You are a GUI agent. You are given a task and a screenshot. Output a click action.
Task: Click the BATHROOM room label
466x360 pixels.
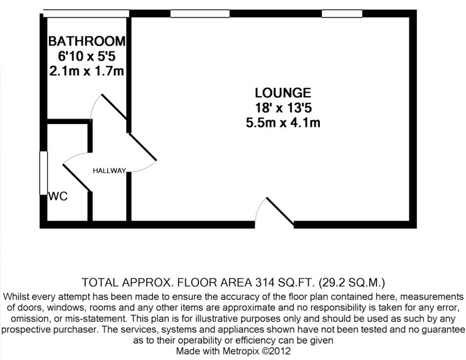click(x=87, y=41)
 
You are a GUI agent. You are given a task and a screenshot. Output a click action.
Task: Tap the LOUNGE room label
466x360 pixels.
click(x=283, y=93)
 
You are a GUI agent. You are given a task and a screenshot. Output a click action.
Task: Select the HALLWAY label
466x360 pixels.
click(x=110, y=171)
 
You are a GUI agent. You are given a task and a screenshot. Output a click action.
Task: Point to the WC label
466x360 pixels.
click(x=58, y=196)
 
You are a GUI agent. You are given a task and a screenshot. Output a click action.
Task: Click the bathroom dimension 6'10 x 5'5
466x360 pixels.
click(x=87, y=56)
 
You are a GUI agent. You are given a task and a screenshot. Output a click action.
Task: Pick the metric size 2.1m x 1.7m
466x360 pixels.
click(x=86, y=71)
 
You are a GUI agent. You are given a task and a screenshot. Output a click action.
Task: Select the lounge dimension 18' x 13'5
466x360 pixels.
click(x=283, y=108)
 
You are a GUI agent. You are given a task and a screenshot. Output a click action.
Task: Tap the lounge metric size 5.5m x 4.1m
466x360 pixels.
click(x=283, y=122)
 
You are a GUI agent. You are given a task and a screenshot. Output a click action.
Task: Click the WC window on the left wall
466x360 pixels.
click(x=44, y=173)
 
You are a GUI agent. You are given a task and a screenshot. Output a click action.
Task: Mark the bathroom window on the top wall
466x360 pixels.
click(x=86, y=13)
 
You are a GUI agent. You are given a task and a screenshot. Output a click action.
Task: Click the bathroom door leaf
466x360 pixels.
click(x=114, y=107)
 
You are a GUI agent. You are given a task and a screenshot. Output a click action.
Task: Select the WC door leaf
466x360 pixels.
click(x=77, y=177)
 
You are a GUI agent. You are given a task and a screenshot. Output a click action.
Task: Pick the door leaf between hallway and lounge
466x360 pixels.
click(x=142, y=147)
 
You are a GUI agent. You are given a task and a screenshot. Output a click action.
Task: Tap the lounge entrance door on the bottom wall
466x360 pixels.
click(x=280, y=211)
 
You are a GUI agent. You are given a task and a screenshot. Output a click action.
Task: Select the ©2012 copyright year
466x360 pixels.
click(x=276, y=351)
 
